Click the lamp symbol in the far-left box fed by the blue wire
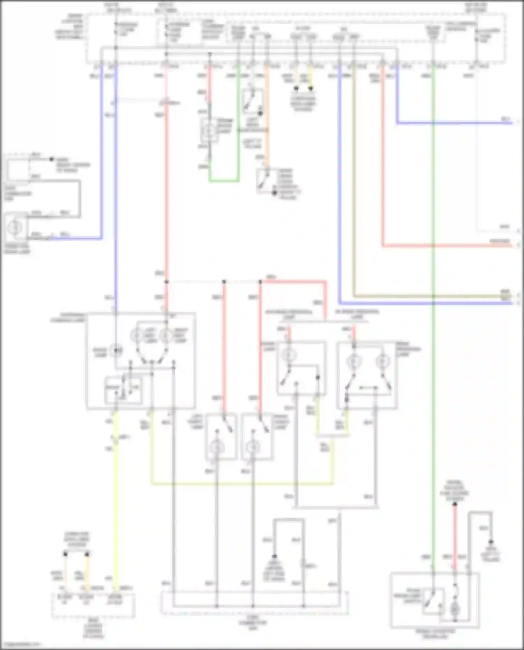(16, 227)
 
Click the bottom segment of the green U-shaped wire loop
(224, 181)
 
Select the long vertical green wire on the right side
(433, 314)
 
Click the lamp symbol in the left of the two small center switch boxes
(217, 447)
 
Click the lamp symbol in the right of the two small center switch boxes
(253, 447)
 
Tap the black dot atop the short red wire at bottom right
(455, 504)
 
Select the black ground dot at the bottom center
(275, 556)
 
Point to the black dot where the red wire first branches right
(167, 282)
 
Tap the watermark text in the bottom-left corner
(20, 644)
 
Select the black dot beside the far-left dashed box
(52, 159)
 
